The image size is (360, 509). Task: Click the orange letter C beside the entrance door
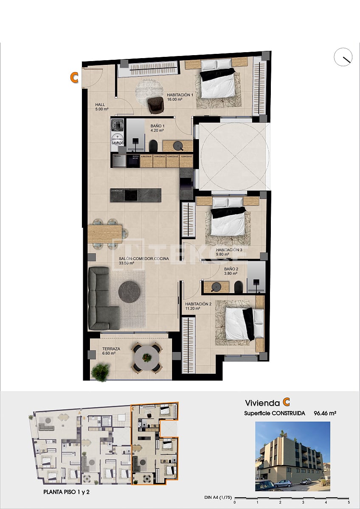click(74, 77)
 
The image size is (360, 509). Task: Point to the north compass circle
click(343, 57)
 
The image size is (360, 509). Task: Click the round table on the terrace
click(146, 358)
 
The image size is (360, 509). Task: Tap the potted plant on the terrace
click(100, 372)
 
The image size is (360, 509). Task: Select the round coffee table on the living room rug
click(129, 292)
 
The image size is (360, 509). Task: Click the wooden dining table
click(105, 234)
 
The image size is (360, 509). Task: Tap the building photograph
click(292, 456)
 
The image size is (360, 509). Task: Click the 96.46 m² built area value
click(325, 413)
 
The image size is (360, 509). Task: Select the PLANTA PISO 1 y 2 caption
click(67, 492)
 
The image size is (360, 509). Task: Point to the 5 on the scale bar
click(349, 502)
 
